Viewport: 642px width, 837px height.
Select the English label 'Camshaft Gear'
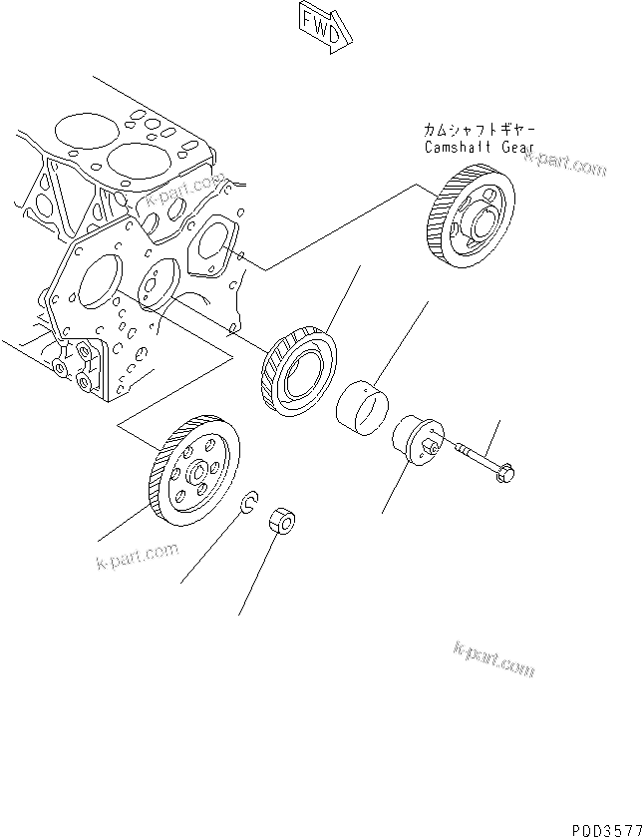click(x=479, y=148)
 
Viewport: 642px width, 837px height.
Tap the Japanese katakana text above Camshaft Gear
click(x=479, y=131)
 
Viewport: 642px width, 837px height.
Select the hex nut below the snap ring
click(x=282, y=518)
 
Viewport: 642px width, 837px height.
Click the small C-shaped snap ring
click(x=250, y=505)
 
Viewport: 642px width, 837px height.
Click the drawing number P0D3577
click(x=604, y=827)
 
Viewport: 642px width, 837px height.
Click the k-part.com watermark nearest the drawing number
click(x=493, y=658)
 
